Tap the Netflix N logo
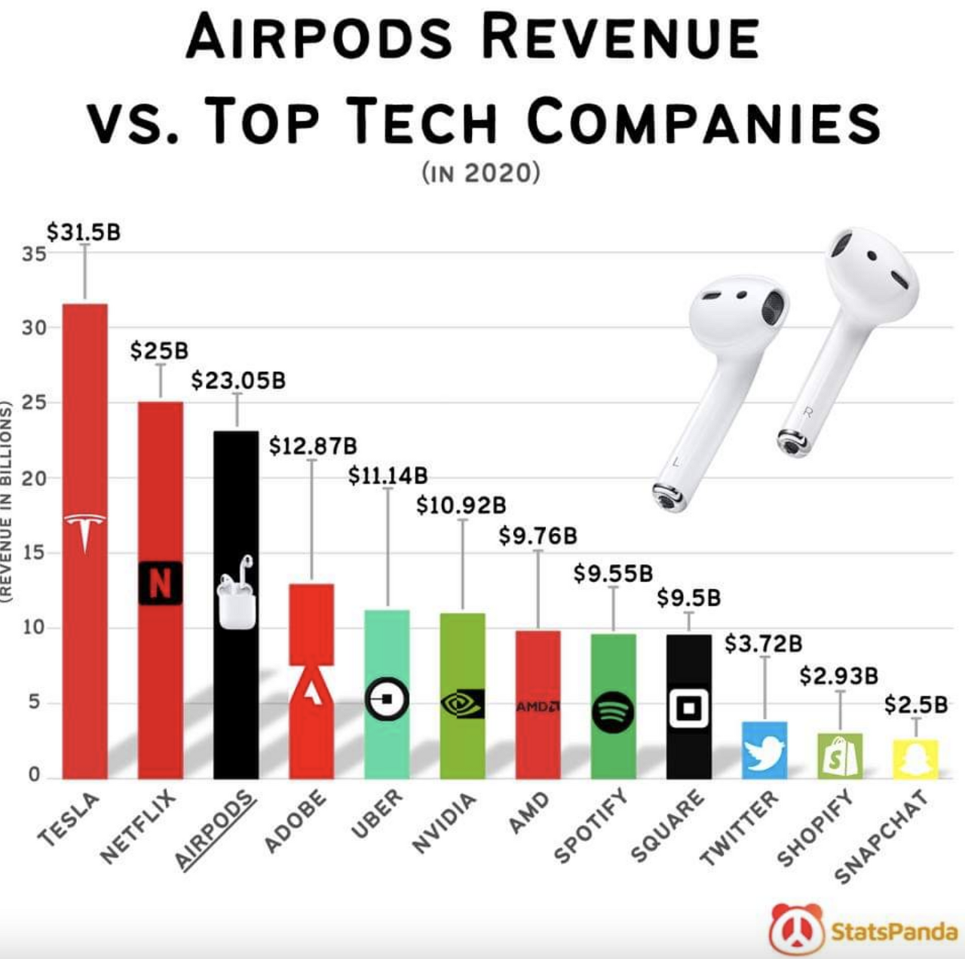160,583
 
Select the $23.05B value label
238,380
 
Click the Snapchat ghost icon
915,759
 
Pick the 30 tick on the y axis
34,328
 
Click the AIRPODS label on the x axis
215,830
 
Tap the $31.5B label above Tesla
84,231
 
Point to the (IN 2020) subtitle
482,173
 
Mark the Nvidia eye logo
462,703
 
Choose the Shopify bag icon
840,755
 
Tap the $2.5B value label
915,705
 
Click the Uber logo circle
387,699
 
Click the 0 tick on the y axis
34,775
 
